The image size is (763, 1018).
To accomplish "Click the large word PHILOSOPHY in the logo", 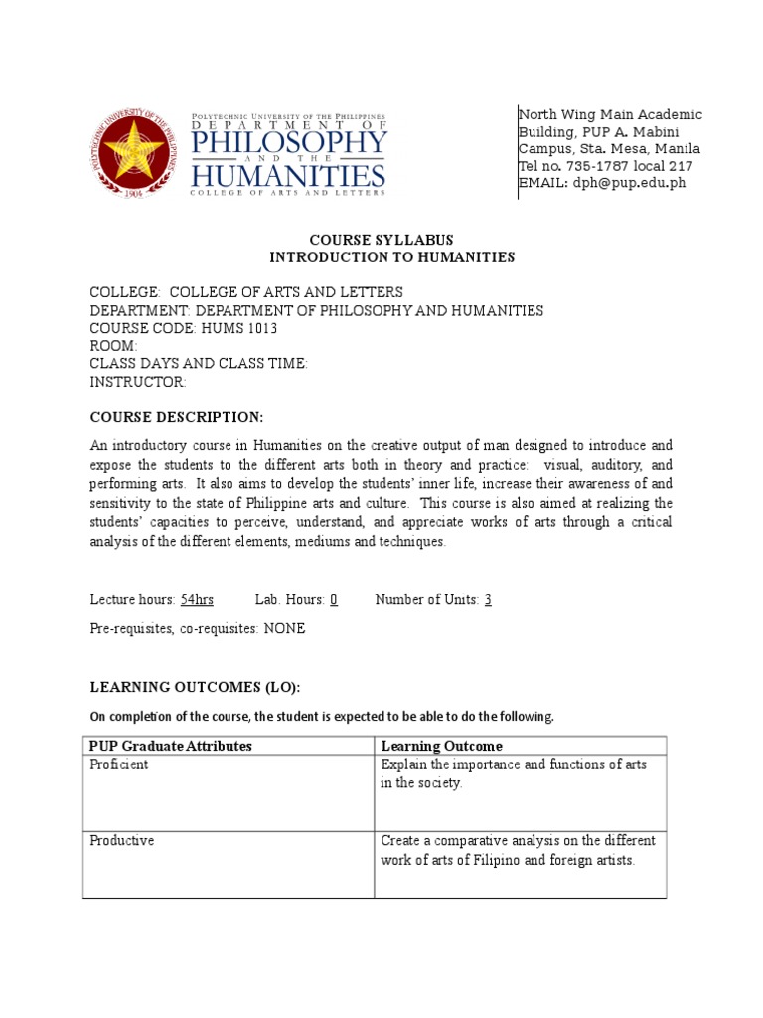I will (288, 143).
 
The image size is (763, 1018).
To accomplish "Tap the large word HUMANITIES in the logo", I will (288, 177).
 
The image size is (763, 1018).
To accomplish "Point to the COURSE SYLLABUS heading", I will (381, 240).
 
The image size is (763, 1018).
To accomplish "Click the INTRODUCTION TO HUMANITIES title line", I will (392, 257).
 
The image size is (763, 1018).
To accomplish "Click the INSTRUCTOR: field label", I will (138, 382).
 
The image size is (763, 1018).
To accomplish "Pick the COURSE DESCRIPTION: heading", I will (177, 416).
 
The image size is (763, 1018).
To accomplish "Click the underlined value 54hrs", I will (197, 599).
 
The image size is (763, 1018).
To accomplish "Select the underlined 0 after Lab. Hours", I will (334, 599).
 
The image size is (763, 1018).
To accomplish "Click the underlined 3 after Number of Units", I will (488, 599).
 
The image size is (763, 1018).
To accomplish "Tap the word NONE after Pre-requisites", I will (284, 629).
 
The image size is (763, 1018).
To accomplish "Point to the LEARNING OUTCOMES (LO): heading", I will (195, 688).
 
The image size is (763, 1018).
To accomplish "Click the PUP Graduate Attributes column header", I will (171, 746).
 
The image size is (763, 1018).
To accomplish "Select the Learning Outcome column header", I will (442, 746).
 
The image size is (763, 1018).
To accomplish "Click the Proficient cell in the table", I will (119, 764).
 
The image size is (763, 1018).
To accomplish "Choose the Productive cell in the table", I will (122, 841).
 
